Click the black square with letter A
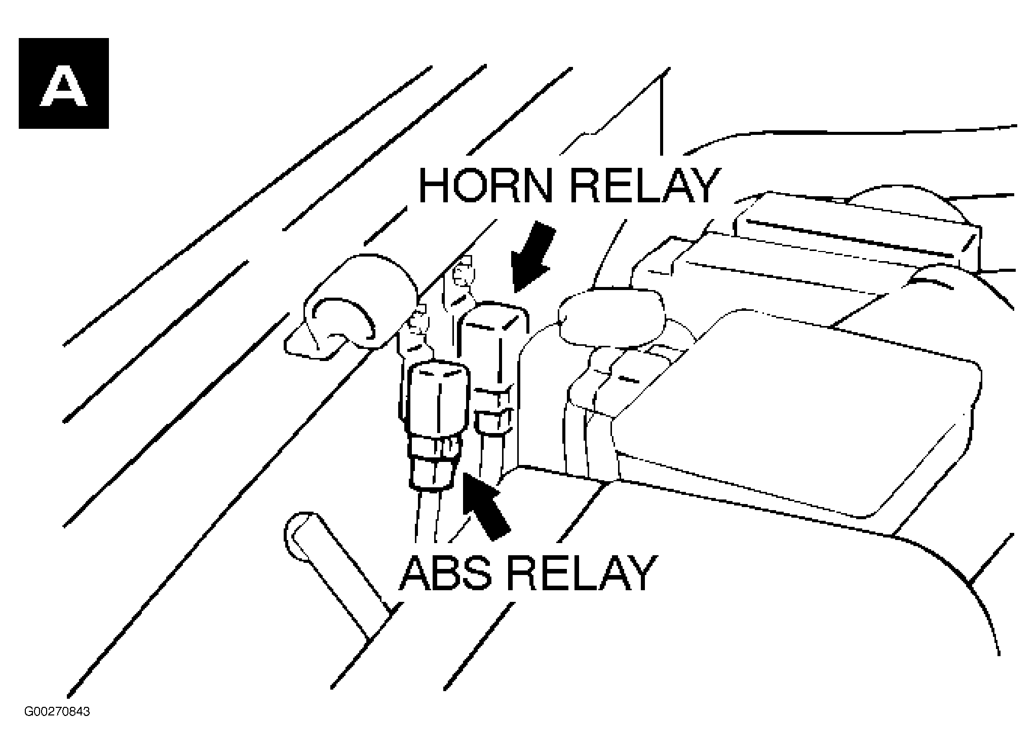click(x=64, y=83)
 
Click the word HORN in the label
click(x=486, y=186)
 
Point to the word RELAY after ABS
click(x=580, y=572)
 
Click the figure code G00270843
click(x=57, y=712)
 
